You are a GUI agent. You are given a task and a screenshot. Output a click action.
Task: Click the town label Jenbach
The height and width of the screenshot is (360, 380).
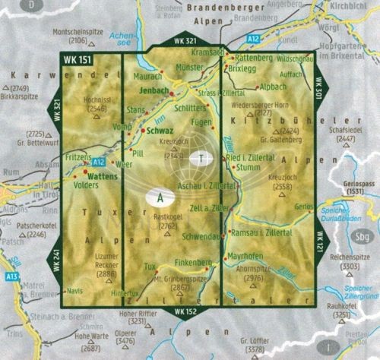154,90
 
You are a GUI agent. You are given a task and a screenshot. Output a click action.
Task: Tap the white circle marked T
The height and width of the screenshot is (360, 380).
201,159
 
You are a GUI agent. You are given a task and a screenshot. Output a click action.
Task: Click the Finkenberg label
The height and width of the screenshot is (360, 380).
190,262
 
